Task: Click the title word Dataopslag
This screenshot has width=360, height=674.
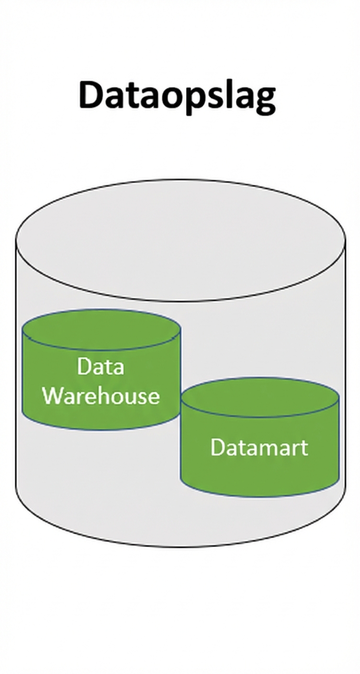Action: [177, 96]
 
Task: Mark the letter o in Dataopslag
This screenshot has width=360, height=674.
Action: [176, 97]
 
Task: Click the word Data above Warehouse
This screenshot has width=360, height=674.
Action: [101, 367]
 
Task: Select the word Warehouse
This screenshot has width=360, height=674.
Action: [101, 396]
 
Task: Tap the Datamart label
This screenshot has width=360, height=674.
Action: [259, 447]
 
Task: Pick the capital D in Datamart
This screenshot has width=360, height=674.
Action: [217, 447]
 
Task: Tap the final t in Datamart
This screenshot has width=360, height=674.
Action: [304, 448]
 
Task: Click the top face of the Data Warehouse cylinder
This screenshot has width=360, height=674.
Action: [101, 330]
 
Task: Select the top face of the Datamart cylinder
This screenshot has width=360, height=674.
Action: [260, 397]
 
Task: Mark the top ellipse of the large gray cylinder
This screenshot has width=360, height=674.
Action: [180, 239]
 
